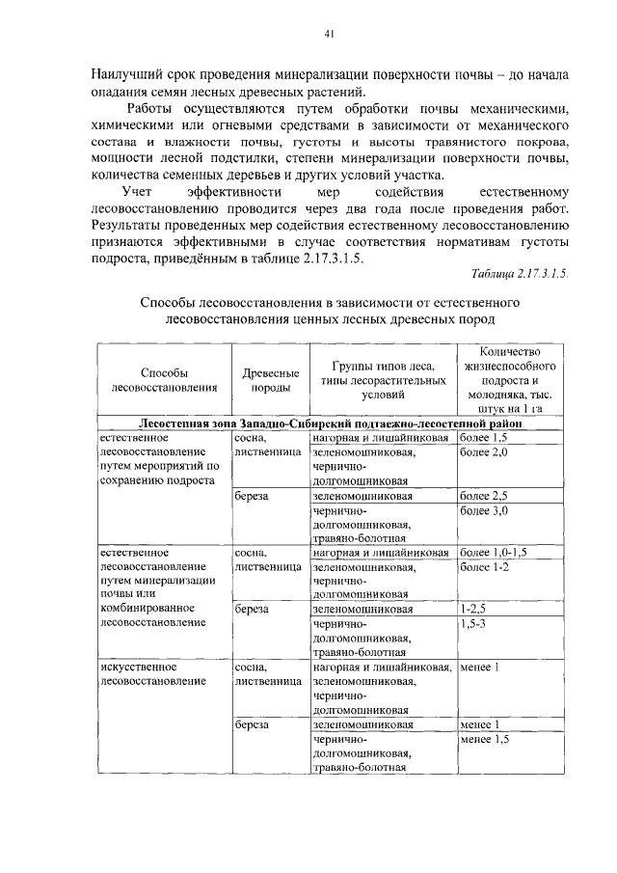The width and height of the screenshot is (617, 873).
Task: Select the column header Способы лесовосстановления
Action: click(164, 380)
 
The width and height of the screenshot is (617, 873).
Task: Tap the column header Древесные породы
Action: click(269, 380)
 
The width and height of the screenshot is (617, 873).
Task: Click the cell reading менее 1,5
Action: click(484, 739)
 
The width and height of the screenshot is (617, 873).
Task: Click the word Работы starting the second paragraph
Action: click(152, 109)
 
